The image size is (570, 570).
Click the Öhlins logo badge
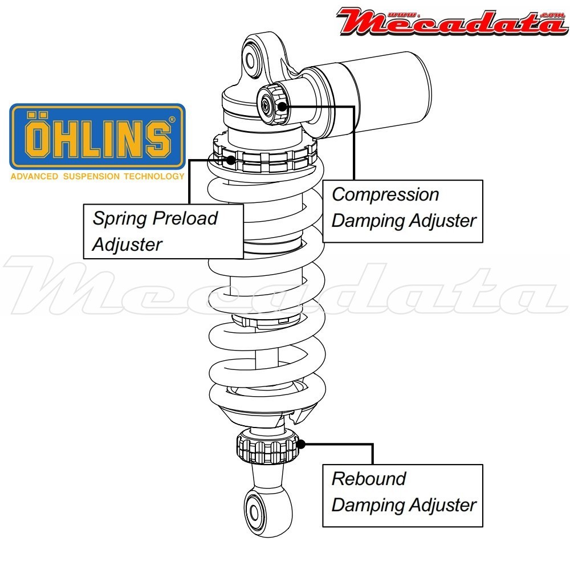97,136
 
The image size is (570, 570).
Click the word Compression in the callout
385,194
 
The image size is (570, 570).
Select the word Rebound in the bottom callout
369,478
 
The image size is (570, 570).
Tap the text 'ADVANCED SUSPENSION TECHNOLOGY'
97,176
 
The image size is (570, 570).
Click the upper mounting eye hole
253,58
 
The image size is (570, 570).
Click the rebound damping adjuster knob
267,447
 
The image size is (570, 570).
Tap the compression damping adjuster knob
272,103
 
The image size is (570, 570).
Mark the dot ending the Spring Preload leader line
231,160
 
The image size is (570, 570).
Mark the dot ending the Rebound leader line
302,444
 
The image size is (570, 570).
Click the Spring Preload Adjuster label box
163,231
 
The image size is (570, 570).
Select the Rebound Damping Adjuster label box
402,495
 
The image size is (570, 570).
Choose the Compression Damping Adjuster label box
402,211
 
